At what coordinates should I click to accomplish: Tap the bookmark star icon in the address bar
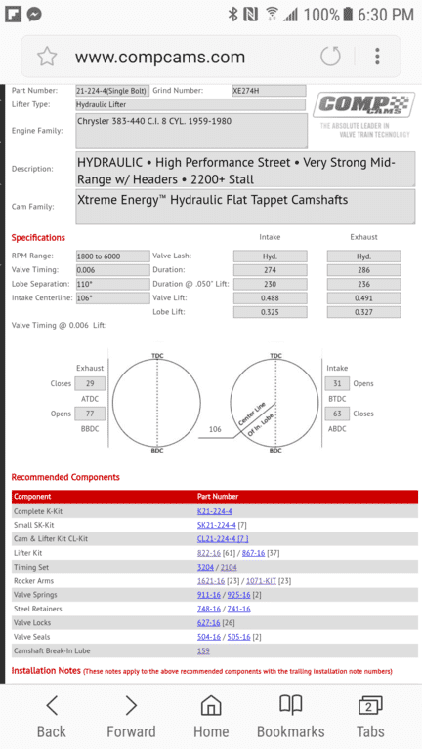click(x=47, y=57)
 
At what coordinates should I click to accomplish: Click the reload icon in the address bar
click(x=330, y=56)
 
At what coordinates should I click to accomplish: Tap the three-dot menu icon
click(x=377, y=56)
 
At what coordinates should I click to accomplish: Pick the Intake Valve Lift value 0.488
click(x=270, y=298)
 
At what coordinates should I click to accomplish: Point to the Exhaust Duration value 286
click(x=362, y=270)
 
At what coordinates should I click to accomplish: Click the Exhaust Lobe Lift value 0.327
click(x=362, y=313)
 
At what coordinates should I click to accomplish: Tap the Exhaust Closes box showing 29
click(x=90, y=384)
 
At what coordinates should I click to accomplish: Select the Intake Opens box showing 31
click(x=338, y=384)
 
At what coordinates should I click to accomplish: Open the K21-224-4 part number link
click(x=215, y=511)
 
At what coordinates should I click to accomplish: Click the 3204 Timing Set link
click(x=205, y=567)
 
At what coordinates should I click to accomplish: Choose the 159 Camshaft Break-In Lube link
click(x=203, y=650)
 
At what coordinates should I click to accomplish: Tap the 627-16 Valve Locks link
click(x=208, y=622)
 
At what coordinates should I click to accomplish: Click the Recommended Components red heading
click(x=65, y=477)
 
